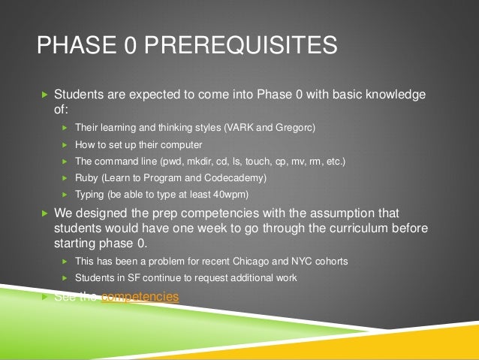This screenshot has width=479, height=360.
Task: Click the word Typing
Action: point(90,195)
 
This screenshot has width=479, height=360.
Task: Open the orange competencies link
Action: point(140,297)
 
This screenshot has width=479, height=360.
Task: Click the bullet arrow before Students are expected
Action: point(44,95)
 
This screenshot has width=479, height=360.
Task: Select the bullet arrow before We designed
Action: point(44,213)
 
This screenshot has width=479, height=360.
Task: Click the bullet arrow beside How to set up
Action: point(65,145)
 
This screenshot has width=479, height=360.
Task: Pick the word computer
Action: point(182,145)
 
